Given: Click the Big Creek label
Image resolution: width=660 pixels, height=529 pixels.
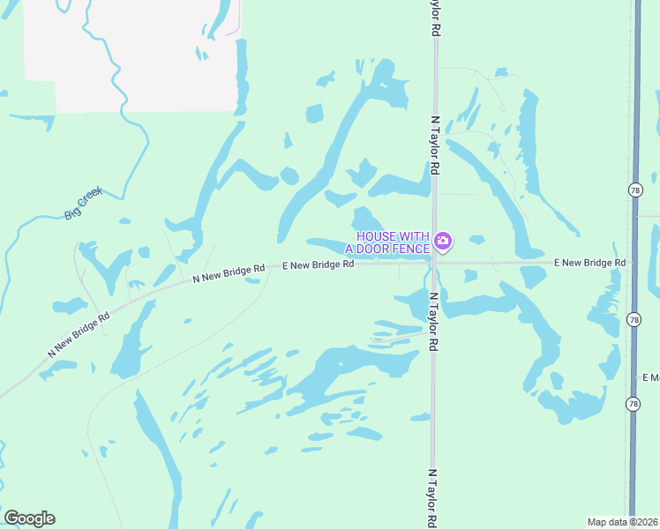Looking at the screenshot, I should pyautogui.click(x=84, y=203).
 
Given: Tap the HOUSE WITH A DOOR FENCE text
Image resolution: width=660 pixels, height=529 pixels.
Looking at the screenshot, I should pyautogui.click(x=393, y=241).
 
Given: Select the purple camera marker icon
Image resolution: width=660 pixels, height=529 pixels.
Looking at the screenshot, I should pyautogui.click(x=443, y=240).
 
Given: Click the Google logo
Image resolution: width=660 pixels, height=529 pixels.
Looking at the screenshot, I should pyautogui.click(x=29, y=518).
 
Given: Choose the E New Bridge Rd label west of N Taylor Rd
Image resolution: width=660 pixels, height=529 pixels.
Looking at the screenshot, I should pyautogui.click(x=318, y=264).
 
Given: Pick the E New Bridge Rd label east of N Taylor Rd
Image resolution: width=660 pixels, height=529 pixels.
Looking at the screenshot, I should pyautogui.click(x=589, y=263).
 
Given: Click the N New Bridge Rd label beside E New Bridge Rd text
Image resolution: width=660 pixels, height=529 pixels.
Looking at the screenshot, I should pyautogui.click(x=229, y=273).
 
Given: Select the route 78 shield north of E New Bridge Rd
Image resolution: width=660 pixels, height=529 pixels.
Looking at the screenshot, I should pyautogui.click(x=634, y=190).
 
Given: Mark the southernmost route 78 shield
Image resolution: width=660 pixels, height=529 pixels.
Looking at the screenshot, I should pyautogui.click(x=633, y=404).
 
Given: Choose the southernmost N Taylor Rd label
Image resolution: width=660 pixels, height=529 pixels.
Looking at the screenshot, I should pyautogui.click(x=432, y=498).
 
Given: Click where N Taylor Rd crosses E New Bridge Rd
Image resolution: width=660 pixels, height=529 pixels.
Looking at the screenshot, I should pyautogui.click(x=434, y=263).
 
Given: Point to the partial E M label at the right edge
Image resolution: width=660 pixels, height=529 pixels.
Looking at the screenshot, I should pyautogui.click(x=650, y=377).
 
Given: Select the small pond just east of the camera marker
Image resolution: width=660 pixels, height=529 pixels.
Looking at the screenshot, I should pyautogui.click(x=476, y=239).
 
